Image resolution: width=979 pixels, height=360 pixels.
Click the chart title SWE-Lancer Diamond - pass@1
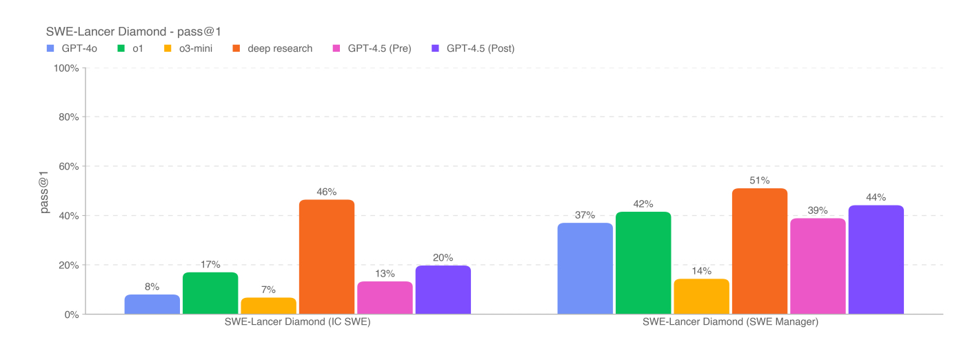(x=133, y=31)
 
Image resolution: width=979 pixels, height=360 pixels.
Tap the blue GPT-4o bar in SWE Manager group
(x=585, y=268)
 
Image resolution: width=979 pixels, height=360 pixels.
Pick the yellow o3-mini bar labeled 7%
(x=268, y=306)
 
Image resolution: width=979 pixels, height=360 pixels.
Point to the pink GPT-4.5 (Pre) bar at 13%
(x=385, y=297)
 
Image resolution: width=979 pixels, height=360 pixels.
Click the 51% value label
(x=760, y=181)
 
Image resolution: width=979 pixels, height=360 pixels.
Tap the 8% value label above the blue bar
(x=152, y=287)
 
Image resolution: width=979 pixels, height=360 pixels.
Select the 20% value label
(x=443, y=258)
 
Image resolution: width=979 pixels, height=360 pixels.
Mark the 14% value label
(x=701, y=271)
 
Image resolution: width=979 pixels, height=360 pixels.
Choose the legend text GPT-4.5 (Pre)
(x=379, y=48)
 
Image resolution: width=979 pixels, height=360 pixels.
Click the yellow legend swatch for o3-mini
(x=168, y=48)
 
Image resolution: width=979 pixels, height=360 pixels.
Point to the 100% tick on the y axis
(x=66, y=68)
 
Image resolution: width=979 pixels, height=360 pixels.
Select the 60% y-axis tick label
(x=68, y=167)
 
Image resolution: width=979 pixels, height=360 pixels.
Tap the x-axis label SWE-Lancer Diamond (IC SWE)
(x=298, y=322)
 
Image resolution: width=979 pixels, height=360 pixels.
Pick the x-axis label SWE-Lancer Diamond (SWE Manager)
(x=730, y=322)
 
